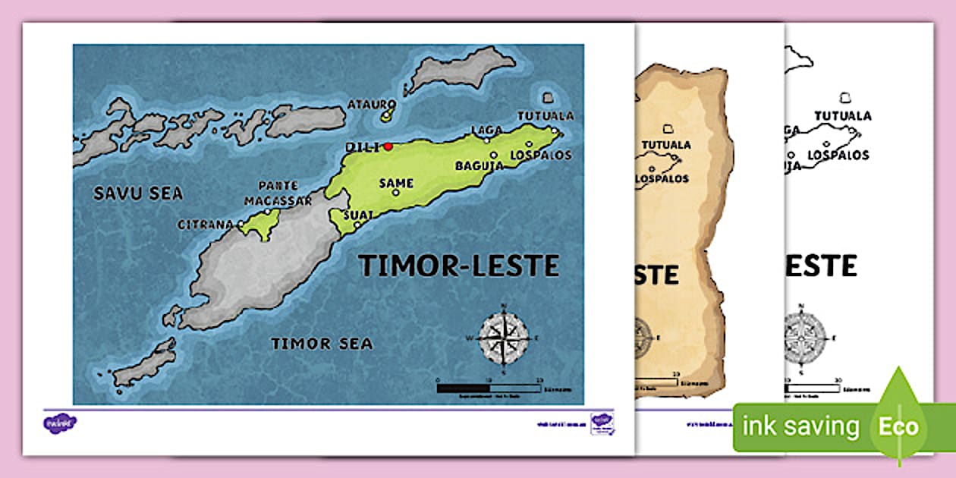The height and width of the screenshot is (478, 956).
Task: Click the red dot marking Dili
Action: [x=388, y=146]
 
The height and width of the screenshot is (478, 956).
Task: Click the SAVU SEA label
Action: [x=137, y=193]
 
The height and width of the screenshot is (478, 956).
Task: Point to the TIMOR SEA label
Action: [x=322, y=344]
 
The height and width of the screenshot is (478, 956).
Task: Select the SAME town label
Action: [x=397, y=183]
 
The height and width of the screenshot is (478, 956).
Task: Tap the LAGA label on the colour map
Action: [x=486, y=130]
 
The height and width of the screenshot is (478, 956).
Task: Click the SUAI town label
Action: [x=358, y=215]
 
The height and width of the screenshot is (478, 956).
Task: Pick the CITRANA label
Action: [x=206, y=225]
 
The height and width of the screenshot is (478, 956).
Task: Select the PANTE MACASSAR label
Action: [x=278, y=193]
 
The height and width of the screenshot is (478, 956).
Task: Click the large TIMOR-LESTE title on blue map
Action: [x=458, y=266]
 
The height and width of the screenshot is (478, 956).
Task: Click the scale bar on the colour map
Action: [x=489, y=388]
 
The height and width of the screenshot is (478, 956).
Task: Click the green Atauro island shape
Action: [x=388, y=115]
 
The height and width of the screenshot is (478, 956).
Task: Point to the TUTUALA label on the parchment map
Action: [x=666, y=144]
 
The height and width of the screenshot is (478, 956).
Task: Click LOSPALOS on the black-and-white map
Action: [x=838, y=154]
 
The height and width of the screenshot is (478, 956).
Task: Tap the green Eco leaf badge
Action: [x=899, y=425]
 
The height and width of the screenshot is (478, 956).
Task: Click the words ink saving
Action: [x=800, y=426]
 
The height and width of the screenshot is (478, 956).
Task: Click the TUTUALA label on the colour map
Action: [x=546, y=116]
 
